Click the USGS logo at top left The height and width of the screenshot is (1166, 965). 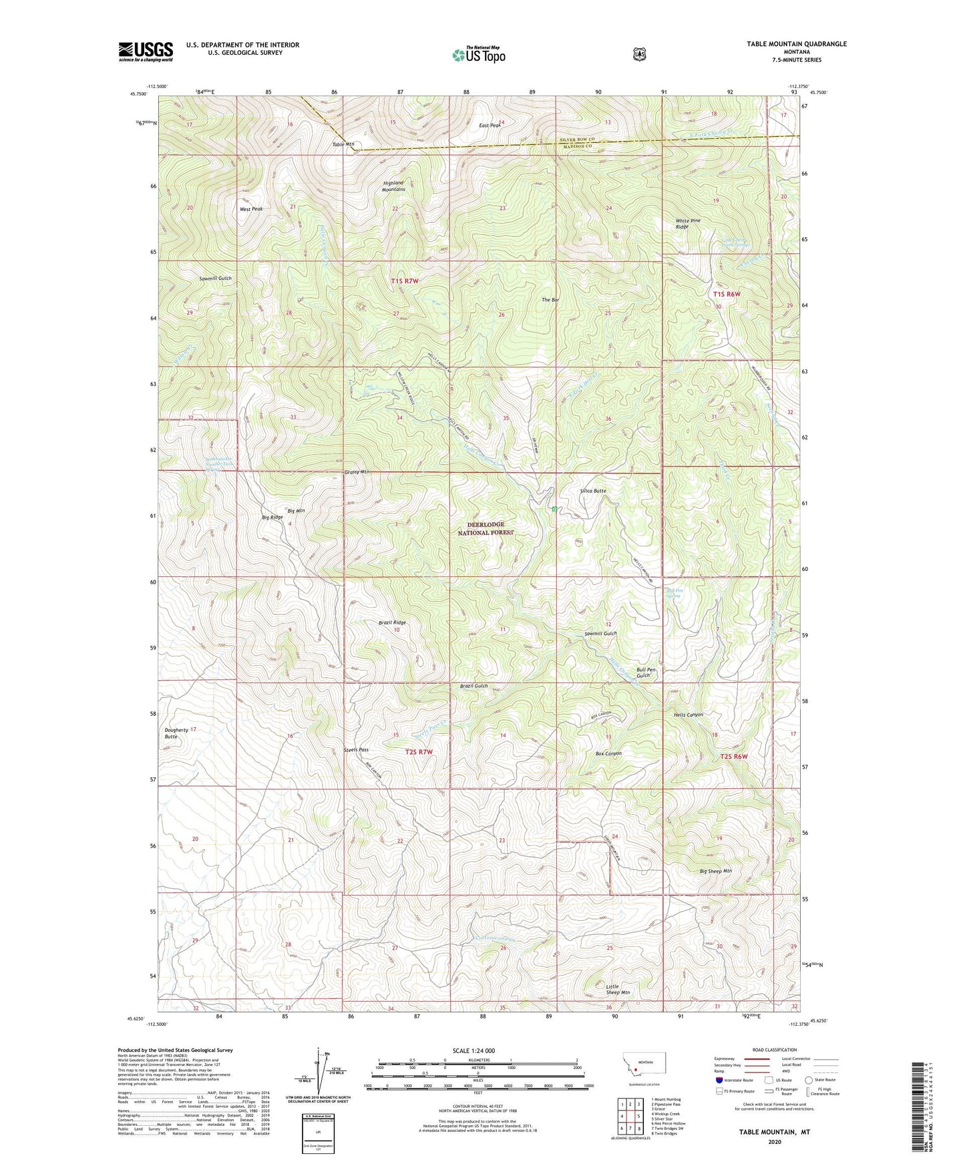pos(146,51)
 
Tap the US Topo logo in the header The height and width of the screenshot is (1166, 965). pos(477,55)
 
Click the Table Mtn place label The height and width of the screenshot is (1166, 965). pos(343,144)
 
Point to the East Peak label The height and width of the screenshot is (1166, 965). pos(490,125)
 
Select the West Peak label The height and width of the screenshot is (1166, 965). pos(251,209)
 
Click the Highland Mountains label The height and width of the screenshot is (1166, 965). pos(394,186)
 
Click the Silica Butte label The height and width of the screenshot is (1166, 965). pos(593,491)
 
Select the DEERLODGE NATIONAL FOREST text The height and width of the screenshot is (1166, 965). pos(486,528)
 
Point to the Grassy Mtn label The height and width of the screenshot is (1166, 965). pos(357,472)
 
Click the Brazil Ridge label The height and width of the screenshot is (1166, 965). pos(392,622)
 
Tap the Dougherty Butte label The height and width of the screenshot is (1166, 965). pos(176,733)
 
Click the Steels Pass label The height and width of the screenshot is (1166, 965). pos(356,750)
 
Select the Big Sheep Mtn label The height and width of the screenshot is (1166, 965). pos(716,871)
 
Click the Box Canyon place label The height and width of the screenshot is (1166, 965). pos(608,753)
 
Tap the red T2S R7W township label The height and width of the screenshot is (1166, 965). pos(419,752)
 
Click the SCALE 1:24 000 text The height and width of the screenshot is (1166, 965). pos(473,1050)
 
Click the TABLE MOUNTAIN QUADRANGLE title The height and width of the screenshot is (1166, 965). pos(796,44)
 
